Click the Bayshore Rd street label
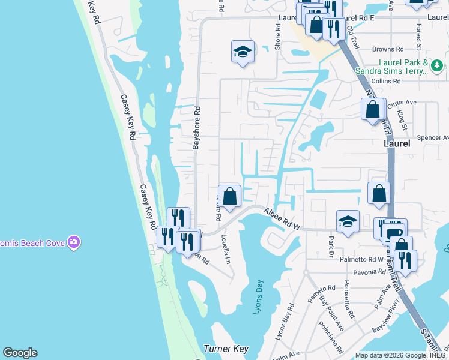point(196,128)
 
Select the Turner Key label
point(226,349)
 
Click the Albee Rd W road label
point(281,218)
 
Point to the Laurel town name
point(397,144)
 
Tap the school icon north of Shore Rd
point(243,52)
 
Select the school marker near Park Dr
point(348,221)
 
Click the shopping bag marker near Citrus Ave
point(373,109)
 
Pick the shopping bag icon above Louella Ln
point(229,196)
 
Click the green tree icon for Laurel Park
point(437,65)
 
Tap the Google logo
point(20,353)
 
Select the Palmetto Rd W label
point(363,260)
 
